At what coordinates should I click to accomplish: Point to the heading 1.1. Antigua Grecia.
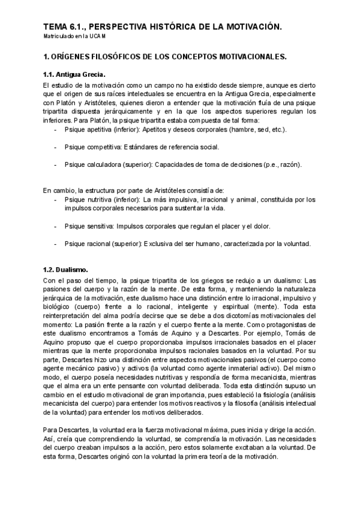click(x=74, y=74)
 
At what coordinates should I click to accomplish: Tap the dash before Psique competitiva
click(x=56, y=146)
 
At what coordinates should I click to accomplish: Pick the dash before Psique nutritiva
click(x=56, y=199)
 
